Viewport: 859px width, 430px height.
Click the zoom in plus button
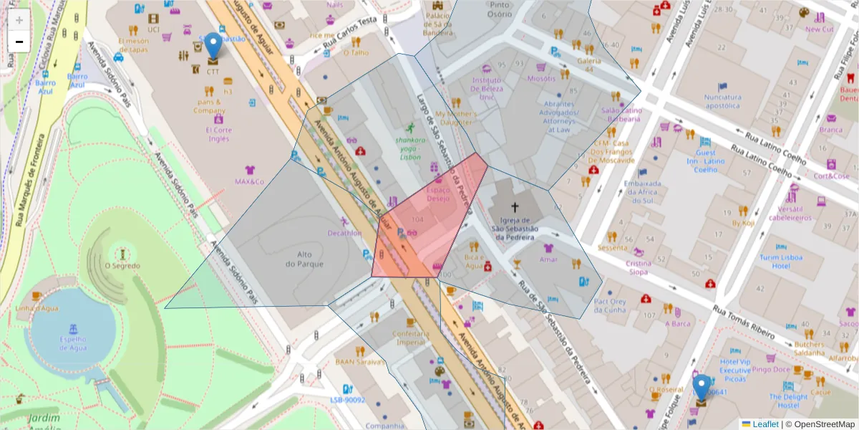(x=19, y=20)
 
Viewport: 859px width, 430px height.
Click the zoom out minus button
(x=19, y=42)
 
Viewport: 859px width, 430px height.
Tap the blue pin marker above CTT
(x=213, y=46)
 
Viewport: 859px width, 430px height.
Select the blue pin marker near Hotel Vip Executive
(x=702, y=388)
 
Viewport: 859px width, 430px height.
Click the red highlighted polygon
(x=429, y=222)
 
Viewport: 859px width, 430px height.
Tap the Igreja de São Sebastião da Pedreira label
(x=514, y=229)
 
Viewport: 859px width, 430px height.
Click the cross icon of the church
(x=514, y=206)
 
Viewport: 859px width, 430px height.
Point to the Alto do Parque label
(x=304, y=259)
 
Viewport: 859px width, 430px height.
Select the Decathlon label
(x=344, y=233)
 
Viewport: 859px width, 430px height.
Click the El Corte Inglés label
(x=218, y=134)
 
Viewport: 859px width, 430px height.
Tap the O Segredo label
(x=122, y=266)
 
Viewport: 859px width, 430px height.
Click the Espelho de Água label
(x=73, y=343)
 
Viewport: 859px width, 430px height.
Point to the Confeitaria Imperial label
(x=411, y=338)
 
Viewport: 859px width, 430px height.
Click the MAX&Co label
(x=250, y=181)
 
